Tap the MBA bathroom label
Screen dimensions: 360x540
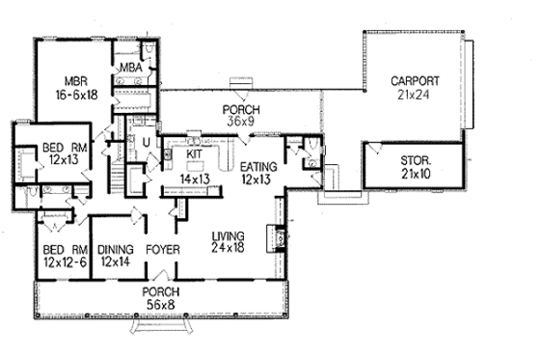click(x=131, y=68)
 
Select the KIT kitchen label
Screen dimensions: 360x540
click(x=193, y=153)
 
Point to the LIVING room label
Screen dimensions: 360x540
click(x=229, y=235)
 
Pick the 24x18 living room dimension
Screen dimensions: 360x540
click(x=229, y=248)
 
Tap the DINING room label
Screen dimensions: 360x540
click(x=115, y=248)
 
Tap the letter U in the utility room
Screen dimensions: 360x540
click(x=147, y=142)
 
